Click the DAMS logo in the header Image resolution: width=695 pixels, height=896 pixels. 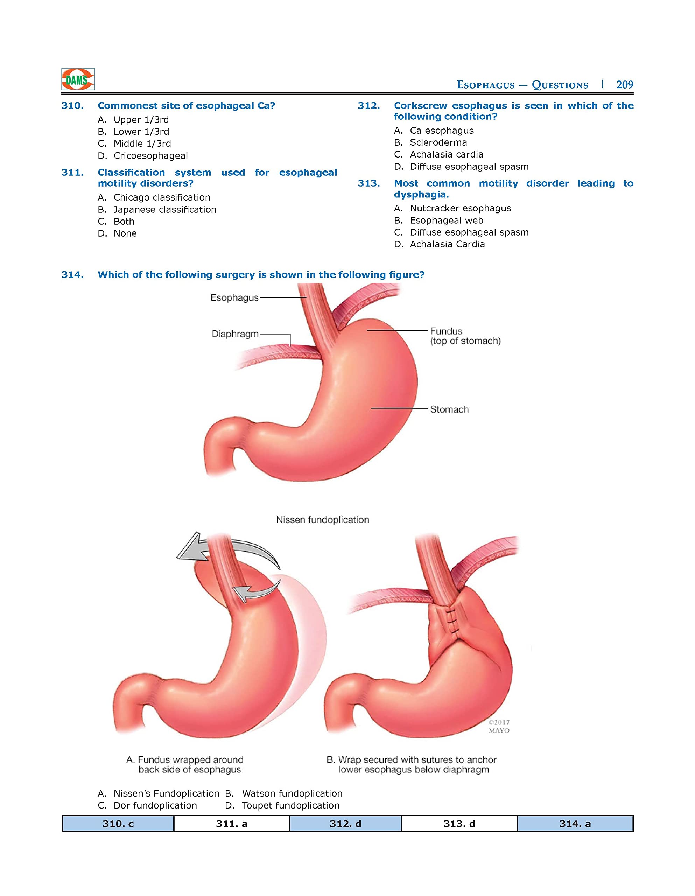[x=78, y=79]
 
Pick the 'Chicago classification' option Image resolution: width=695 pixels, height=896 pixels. [x=162, y=197]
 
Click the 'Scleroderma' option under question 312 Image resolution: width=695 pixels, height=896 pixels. [x=438, y=142]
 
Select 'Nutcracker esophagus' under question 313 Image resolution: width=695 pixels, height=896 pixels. [x=460, y=208]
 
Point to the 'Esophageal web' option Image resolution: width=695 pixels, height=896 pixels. [x=447, y=220]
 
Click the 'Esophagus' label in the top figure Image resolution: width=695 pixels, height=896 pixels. [x=234, y=297]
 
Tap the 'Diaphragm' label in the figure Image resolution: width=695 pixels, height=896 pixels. [x=235, y=334]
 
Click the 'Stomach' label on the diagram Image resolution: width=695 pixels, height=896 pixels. [x=449, y=409]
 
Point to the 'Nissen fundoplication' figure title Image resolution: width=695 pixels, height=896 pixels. [x=322, y=520]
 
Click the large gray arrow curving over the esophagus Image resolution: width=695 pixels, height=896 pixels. [x=230, y=549]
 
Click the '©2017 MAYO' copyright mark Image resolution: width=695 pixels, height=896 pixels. [x=499, y=726]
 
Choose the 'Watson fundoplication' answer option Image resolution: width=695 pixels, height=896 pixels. [x=292, y=793]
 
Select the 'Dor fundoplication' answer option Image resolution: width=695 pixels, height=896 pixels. [x=155, y=805]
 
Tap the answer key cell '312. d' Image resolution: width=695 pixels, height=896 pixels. [x=345, y=824]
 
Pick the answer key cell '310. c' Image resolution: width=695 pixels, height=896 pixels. [x=118, y=824]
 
